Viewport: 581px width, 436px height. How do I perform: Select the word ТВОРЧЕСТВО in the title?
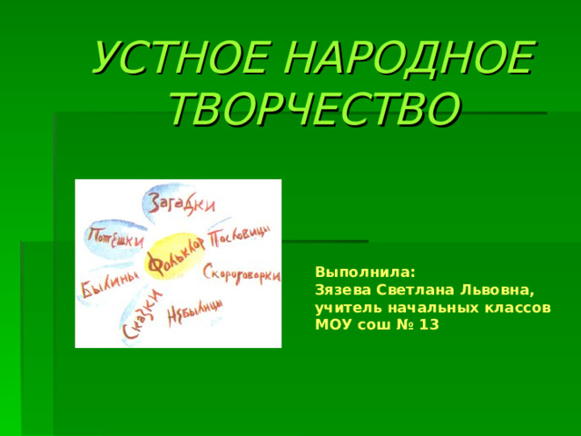314,110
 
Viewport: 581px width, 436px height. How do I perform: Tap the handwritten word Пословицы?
240,239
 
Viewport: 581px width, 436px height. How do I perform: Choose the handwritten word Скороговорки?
241,275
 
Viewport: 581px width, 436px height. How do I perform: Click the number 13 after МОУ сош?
430,325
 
